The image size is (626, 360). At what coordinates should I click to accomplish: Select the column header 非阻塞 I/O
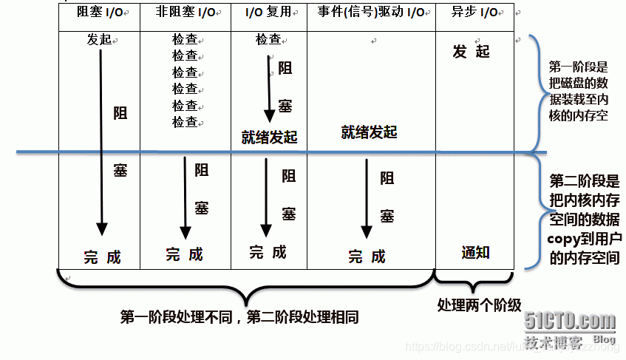[185, 13]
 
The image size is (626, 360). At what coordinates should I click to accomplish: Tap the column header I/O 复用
[269, 13]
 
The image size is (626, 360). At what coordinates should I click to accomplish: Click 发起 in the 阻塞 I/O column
[99, 38]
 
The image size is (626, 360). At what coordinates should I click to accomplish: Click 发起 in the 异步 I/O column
[472, 52]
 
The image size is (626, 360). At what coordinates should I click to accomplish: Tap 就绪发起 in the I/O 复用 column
[268, 137]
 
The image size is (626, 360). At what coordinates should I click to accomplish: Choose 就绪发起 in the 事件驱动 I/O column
[369, 132]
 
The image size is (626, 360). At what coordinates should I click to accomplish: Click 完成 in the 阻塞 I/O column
[101, 257]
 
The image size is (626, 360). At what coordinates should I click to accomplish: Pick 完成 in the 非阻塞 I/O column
[184, 254]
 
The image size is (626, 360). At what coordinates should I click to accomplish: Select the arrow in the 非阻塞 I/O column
[183, 196]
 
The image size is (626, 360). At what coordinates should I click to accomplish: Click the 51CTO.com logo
[570, 322]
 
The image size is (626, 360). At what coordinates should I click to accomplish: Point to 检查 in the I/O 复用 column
[269, 39]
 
